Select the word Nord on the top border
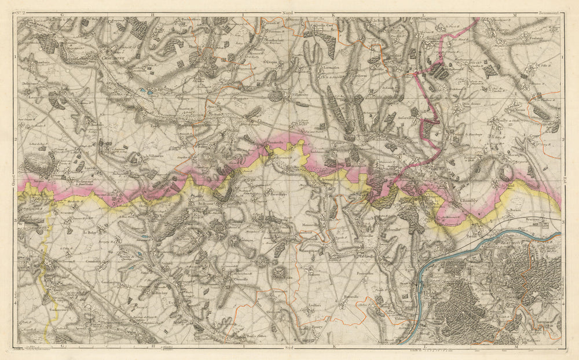pyautogui.click(x=285, y=12)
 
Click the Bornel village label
pyautogui.click(x=517, y=209)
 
